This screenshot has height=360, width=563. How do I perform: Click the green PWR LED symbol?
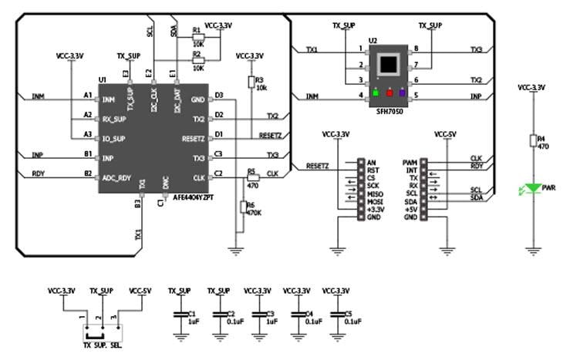[531, 187]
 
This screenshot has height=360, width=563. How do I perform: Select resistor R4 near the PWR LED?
[531, 140]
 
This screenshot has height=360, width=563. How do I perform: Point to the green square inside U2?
[375, 94]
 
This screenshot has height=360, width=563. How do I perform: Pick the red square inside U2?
[389, 94]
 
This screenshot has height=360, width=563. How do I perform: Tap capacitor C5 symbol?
[337, 316]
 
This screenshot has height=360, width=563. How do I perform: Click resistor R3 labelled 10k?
[251, 82]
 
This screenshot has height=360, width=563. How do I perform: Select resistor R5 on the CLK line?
[251, 177]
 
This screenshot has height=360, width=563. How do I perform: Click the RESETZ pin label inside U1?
[193, 139]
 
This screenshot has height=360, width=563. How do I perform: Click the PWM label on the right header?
[410, 163]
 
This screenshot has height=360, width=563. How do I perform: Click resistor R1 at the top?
[197, 36]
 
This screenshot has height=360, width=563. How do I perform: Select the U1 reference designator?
[102, 80]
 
